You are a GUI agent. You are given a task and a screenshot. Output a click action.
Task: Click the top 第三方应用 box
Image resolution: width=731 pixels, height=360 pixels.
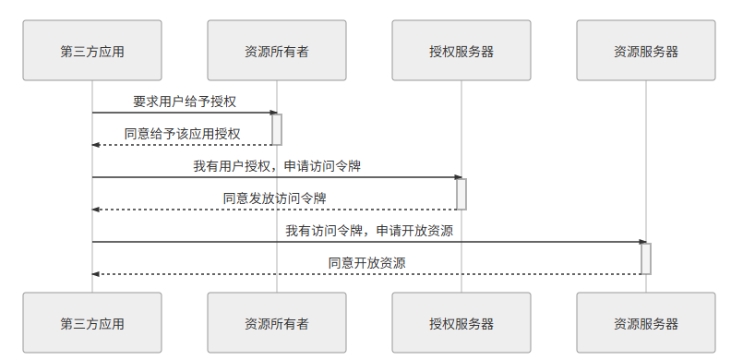click(x=92, y=51)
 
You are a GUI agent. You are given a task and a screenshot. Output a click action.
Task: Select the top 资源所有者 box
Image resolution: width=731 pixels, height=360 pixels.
click(x=277, y=51)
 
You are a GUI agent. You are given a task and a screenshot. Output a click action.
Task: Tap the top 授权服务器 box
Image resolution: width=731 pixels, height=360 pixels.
click(x=461, y=51)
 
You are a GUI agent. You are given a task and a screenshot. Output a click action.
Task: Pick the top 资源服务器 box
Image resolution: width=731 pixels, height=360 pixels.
click(x=646, y=51)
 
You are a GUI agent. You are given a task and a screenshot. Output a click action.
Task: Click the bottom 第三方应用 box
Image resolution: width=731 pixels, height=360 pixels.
click(x=92, y=323)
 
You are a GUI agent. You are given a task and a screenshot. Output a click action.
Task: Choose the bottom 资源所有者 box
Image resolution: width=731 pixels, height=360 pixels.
click(x=277, y=323)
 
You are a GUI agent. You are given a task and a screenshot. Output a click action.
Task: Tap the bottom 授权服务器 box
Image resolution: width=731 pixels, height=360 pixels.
click(x=461, y=323)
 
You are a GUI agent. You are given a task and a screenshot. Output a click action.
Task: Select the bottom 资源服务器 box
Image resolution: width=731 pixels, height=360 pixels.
click(x=646, y=323)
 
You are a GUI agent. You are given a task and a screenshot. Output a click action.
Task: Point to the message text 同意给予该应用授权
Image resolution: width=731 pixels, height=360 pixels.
click(x=183, y=134)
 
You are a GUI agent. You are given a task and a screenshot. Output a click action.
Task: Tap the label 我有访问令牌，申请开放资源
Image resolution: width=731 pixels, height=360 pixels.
click(x=369, y=231)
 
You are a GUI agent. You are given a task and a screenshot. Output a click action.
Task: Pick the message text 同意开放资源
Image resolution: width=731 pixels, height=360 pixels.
click(x=367, y=263)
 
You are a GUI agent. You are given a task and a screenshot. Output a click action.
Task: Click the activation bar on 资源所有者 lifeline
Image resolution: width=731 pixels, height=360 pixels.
click(x=277, y=129)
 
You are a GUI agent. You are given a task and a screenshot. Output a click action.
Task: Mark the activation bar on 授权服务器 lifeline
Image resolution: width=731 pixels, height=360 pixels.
click(x=461, y=194)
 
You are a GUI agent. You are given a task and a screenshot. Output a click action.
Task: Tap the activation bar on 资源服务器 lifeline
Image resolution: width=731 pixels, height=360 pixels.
click(x=646, y=258)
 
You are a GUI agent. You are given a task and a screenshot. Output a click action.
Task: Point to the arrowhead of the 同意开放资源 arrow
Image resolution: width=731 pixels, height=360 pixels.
click(x=96, y=274)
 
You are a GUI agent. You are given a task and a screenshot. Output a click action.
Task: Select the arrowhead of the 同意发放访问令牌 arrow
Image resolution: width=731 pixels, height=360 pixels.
click(x=96, y=210)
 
